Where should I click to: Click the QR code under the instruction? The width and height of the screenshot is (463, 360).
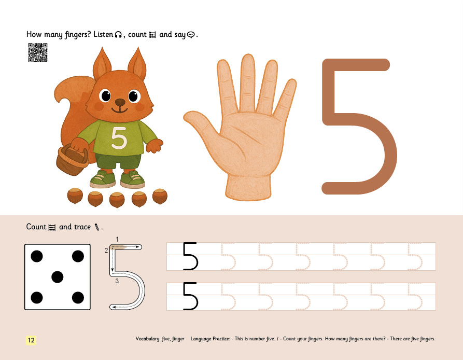pos(38,52)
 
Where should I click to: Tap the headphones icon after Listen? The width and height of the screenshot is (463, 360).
pos(118,35)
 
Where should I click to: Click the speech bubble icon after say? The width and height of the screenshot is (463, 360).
pos(191,35)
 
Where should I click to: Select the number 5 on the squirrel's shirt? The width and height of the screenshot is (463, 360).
pos(119,137)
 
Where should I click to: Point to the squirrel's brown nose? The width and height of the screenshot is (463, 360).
pos(120,103)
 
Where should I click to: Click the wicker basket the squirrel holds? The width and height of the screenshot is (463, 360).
pos(72,159)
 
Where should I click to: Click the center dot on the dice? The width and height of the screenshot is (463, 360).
pos(57,277)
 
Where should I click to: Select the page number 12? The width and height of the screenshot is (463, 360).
pos(31,340)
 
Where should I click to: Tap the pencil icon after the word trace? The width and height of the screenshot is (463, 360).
pos(96,227)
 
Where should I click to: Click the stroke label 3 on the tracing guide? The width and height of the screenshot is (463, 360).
pos(117,281)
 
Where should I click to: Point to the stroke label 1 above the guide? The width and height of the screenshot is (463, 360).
pos(117,239)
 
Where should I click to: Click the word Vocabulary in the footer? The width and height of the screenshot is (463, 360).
pos(148,339)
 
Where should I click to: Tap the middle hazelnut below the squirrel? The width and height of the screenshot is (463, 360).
pos(117,200)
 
